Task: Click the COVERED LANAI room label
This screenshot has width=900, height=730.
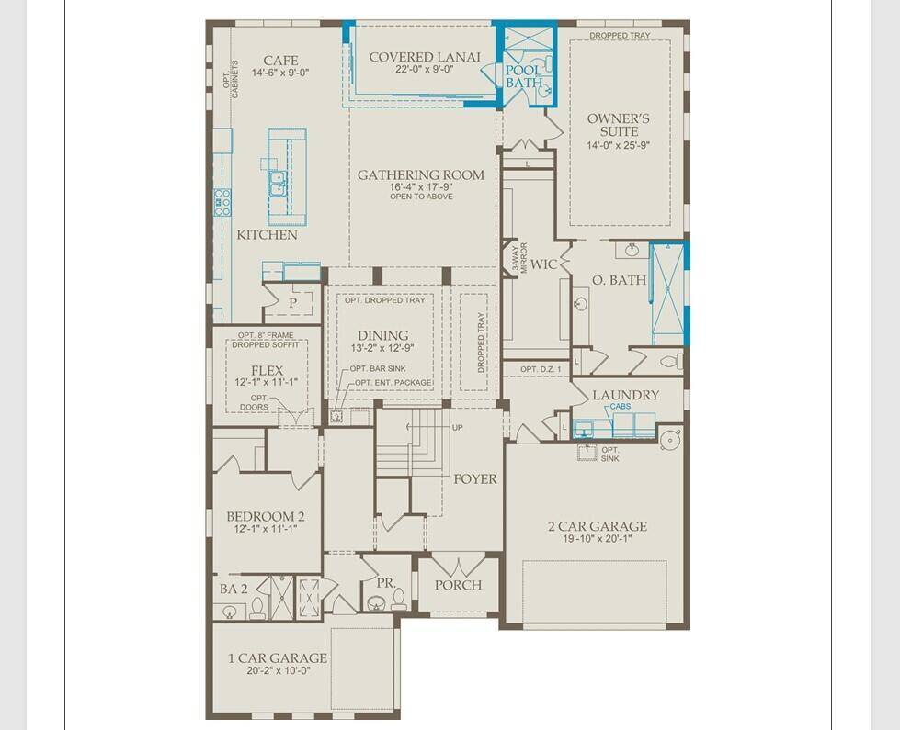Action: (x=425, y=57)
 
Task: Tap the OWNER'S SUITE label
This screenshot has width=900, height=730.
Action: (x=618, y=126)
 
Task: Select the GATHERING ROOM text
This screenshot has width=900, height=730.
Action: (x=421, y=174)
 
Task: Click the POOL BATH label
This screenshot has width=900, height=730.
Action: (x=523, y=75)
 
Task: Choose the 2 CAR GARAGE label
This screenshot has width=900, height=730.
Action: (x=598, y=526)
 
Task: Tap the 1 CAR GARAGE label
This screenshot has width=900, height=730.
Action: (x=278, y=657)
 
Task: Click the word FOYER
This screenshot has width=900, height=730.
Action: (x=474, y=478)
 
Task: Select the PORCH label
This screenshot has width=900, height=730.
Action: (x=458, y=585)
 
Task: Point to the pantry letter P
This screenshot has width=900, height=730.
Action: (x=293, y=302)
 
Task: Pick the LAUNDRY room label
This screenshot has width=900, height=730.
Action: (x=625, y=395)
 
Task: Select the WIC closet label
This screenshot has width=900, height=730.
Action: (x=544, y=264)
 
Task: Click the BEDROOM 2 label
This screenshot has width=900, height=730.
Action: (x=266, y=516)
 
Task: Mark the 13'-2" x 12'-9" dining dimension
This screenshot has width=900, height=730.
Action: (x=384, y=348)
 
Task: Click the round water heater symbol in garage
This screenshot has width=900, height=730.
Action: (x=670, y=439)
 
